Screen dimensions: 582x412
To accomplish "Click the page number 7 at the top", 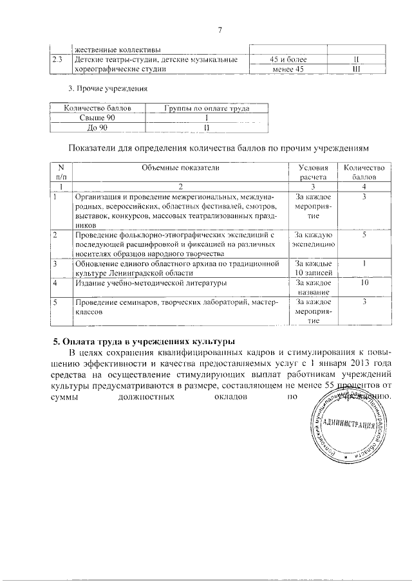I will [220, 30].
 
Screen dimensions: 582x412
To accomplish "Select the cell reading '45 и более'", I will [288, 60].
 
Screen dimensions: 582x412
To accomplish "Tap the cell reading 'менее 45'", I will [288, 69].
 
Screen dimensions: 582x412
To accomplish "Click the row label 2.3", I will [57, 60].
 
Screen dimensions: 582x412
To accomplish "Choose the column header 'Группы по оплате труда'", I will [207, 109].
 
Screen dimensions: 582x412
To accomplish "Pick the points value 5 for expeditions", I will [364, 236].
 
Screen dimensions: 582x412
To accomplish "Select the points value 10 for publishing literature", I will [364, 282].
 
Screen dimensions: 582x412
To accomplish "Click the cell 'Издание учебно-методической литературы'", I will [151, 283].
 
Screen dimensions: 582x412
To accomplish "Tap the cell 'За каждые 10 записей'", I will [313, 268].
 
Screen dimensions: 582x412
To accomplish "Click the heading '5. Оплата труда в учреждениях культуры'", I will [144, 340].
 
